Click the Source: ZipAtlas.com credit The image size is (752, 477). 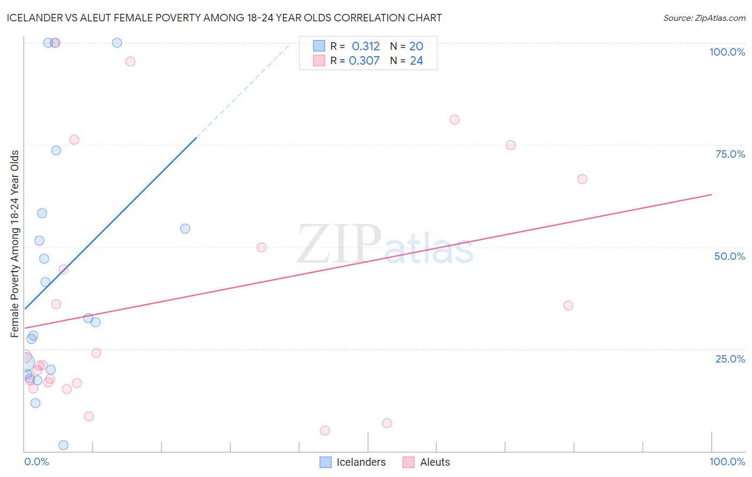[704, 18]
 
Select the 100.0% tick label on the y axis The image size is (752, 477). [727, 52]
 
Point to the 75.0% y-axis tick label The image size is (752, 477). [730, 154]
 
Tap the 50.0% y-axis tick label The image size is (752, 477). [730, 256]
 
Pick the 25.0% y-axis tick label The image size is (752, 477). [730, 359]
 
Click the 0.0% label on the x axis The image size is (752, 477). [36, 461]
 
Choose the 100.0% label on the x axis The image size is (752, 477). [727, 461]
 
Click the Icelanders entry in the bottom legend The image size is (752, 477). [353, 462]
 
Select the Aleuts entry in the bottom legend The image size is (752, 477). [427, 462]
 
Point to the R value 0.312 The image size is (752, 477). [365, 47]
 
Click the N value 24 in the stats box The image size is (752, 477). [416, 61]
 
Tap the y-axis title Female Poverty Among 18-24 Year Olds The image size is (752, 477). [15, 244]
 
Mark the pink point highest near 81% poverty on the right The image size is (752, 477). [455, 120]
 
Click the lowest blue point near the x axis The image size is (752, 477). [64, 445]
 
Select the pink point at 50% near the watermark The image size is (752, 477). [262, 247]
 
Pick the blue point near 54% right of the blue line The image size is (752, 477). [185, 229]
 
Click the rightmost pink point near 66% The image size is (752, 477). [582, 179]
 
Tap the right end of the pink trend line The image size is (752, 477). [711, 195]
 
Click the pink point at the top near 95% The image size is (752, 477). [130, 61]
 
